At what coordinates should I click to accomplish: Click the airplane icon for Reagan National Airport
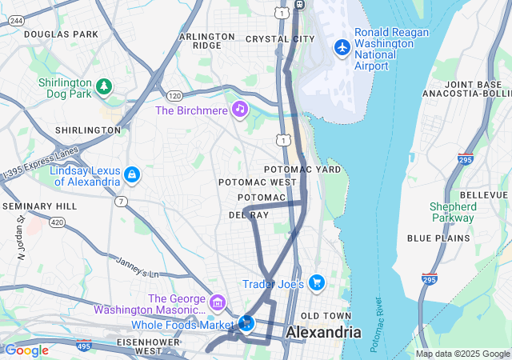(342, 47)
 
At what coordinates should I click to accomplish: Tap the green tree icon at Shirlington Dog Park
(103, 86)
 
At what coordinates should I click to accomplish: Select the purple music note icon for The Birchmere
(239, 109)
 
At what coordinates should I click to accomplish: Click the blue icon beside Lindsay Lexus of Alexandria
(132, 174)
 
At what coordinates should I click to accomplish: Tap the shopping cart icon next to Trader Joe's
(317, 282)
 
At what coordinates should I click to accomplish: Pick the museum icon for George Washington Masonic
(217, 303)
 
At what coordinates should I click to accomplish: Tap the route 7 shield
(120, 201)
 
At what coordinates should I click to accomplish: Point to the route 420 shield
(57, 222)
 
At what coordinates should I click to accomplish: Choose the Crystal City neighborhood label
(279, 38)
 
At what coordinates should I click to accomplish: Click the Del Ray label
(248, 215)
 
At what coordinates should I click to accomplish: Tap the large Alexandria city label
(323, 332)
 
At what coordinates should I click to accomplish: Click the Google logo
(26, 350)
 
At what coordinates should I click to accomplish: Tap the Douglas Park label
(61, 34)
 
